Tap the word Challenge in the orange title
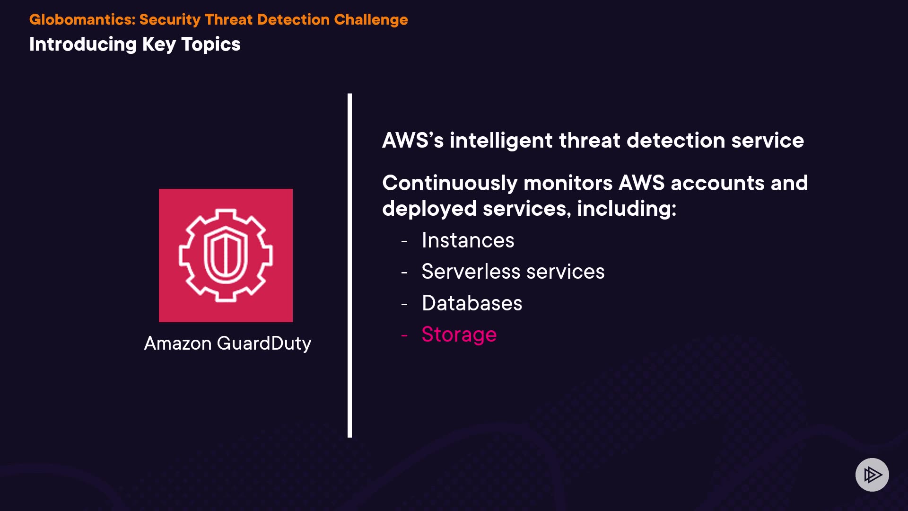pos(371,20)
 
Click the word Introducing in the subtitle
pos(83,45)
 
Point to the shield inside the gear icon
pos(226,255)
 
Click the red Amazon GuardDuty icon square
pos(226,255)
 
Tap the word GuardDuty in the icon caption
pos(264,344)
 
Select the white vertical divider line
pos(349,265)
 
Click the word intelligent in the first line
pos(501,141)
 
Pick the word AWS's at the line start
pos(413,141)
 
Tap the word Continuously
pos(450,184)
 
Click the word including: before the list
pos(627,209)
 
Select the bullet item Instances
pos(468,240)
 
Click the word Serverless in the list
pos(471,272)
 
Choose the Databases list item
pos(472,303)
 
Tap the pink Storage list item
pos(459,335)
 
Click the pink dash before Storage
pos(404,335)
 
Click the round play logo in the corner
pos(872,475)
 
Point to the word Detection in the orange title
pos(293,19)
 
